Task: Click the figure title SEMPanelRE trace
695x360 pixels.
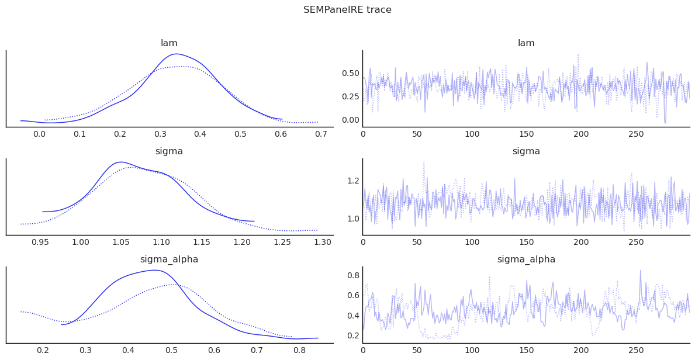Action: pyautogui.click(x=347, y=10)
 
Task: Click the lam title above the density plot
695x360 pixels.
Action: pyautogui.click(x=169, y=43)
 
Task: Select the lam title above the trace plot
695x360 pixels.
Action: pyautogui.click(x=526, y=43)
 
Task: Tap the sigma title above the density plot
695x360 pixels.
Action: pyautogui.click(x=169, y=151)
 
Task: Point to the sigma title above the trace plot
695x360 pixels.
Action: pyautogui.click(x=526, y=151)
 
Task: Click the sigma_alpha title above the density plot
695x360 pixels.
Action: pyautogui.click(x=169, y=259)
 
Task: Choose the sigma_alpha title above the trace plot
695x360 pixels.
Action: pyautogui.click(x=526, y=259)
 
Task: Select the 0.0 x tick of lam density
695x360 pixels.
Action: pyautogui.click(x=39, y=134)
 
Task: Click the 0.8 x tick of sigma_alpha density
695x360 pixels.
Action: pyautogui.click(x=299, y=350)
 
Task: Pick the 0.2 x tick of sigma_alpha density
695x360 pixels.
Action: pyautogui.click(x=43, y=350)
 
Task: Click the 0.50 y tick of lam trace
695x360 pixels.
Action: pyautogui.click(x=350, y=73)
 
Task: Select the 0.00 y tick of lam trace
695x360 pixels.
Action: pyautogui.click(x=350, y=120)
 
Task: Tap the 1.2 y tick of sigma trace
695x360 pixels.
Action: pyautogui.click(x=353, y=181)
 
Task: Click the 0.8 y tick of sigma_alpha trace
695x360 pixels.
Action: pyautogui.click(x=353, y=275)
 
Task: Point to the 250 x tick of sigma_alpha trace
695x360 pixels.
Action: pyautogui.click(x=636, y=350)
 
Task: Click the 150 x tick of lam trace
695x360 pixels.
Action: pyautogui.click(x=527, y=134)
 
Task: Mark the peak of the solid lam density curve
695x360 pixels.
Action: pyautogui.click(x=176, y=54)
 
